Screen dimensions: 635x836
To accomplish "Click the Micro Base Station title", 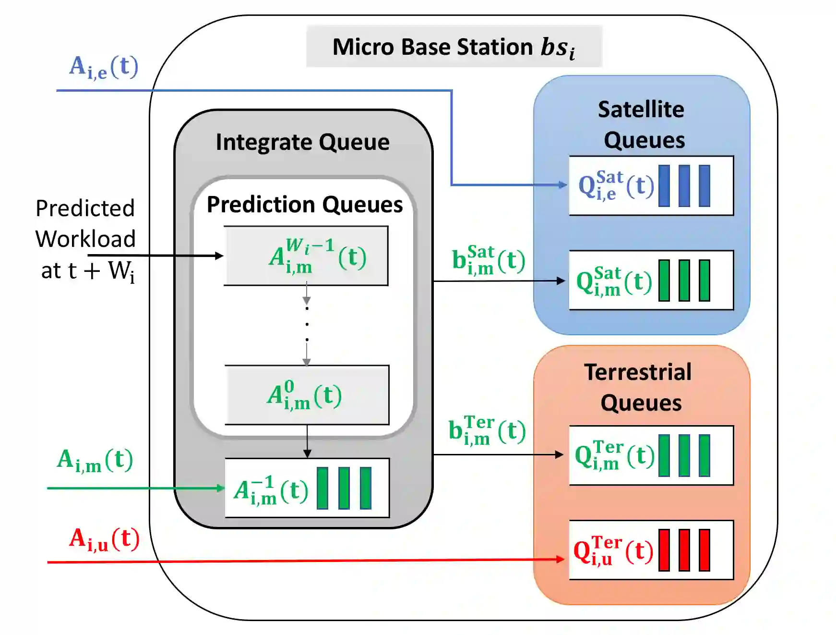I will click(x=454, y=47).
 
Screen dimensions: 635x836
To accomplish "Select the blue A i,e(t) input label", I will click(x=104, y=67).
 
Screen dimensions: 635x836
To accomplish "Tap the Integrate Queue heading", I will click(x=302, y=142).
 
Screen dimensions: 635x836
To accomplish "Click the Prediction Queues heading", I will click(x=304, y=205).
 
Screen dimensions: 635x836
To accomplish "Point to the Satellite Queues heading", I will click(x=642, y=124).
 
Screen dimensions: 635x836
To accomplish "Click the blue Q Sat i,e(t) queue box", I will click(x=651, y=185).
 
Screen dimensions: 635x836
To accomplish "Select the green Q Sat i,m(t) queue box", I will click(x=651, y=280).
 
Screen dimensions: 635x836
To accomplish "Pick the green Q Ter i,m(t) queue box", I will click(x=651, y=455).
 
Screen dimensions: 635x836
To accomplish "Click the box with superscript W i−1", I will click(x=306, y=256).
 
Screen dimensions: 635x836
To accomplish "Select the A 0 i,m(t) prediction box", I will click(x=307, y=395).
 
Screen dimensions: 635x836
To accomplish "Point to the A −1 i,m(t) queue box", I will click(x=307, y=488).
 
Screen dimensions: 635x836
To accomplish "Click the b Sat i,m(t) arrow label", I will click(x=488, y=261).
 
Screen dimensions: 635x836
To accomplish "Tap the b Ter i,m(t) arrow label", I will click(x=487, y=430).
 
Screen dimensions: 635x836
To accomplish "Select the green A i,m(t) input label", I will click(x=95, y=460).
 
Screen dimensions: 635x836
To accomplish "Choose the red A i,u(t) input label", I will click(x=104, y=539).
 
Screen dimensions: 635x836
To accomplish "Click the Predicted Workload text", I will click(x=85, y=239).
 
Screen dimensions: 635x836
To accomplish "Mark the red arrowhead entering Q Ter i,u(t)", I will click(x=560, y=559).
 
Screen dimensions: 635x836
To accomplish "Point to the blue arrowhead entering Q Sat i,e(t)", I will click(x=562, y=185).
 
